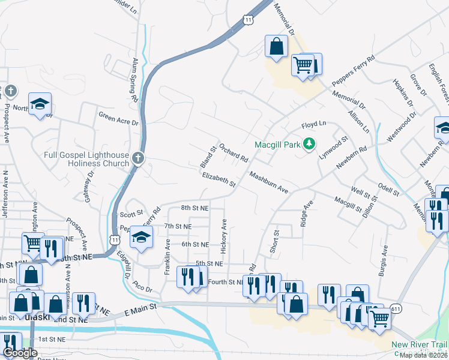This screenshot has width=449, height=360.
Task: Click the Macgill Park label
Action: (x=277, y=145)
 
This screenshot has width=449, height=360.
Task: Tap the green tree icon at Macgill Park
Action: (x=309, y=144)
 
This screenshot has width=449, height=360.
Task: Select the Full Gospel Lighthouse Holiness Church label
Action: (x=86, y=158)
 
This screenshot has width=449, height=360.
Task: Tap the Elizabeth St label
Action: (x=218, y=179)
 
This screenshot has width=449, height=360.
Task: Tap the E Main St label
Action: (x=140, y=307)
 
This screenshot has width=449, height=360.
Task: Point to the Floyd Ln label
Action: (x=313, y=124)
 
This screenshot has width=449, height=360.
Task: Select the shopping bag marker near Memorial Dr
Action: (x=276, y=47)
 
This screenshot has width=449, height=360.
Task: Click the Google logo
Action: (x=20, y=353)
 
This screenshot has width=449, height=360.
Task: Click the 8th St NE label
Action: (x=194, y=208)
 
